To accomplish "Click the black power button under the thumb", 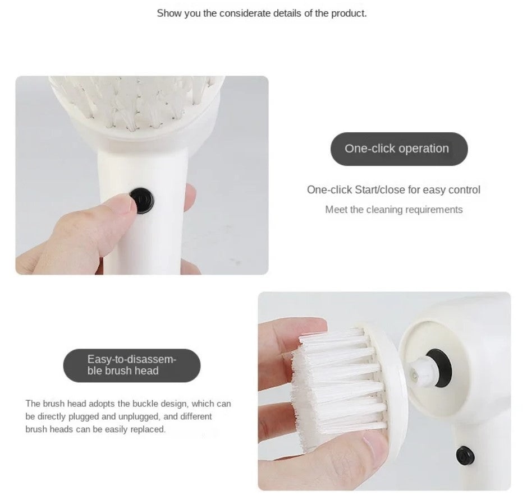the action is (x=142, y=200).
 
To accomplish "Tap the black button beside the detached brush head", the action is (x=465, y=456).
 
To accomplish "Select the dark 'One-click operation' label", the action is (x=399, y=149).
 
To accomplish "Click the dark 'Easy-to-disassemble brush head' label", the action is (x=132, y=365).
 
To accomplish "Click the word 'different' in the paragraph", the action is (x=196, y=416).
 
